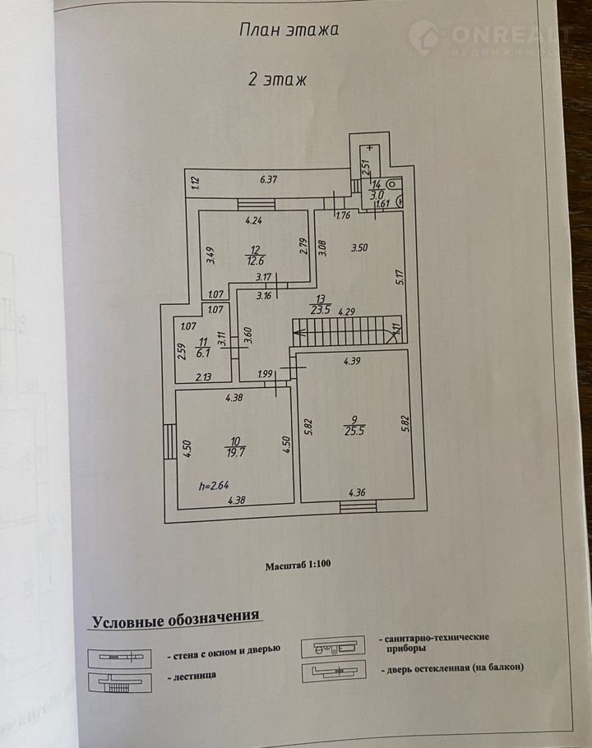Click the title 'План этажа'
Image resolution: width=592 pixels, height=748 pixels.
point(289,30)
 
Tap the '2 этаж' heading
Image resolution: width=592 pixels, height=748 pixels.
point(278,80)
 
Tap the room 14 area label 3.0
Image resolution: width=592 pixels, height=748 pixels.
point(376,196)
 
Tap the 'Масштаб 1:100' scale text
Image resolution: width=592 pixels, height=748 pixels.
point(297,566)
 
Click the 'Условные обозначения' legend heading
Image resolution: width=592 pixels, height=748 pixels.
point(176,616)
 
